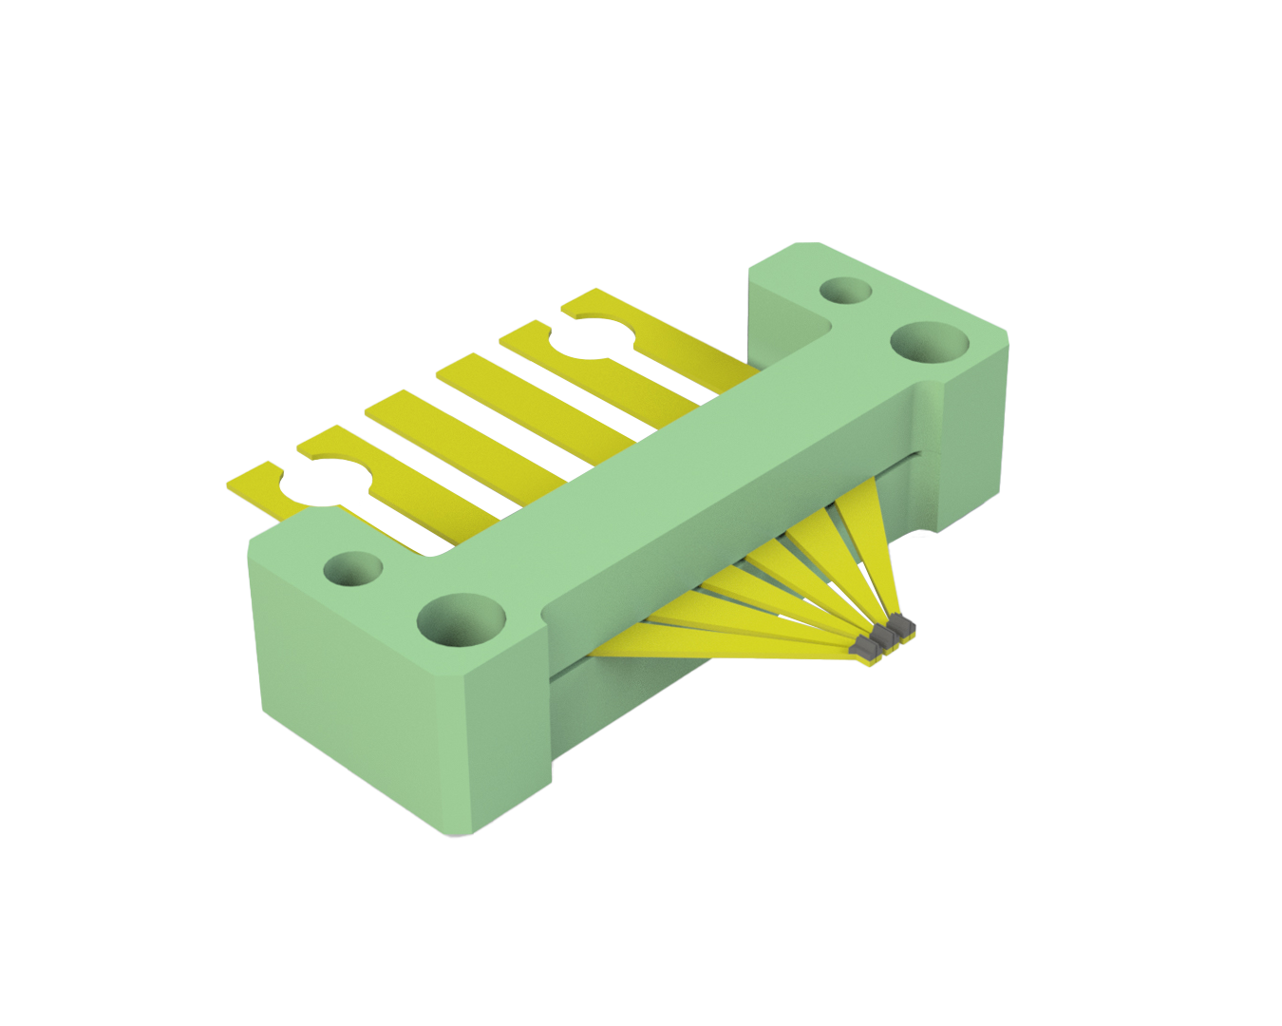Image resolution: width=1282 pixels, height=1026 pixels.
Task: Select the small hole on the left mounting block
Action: [352, 569]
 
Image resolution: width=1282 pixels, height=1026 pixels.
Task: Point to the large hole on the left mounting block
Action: [462, 622]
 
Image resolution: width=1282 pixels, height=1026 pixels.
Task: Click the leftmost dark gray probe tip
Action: [864, 649]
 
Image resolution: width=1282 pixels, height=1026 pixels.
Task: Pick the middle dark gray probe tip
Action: [882, 637]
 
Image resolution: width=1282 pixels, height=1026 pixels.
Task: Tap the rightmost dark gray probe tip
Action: [901, 627]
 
